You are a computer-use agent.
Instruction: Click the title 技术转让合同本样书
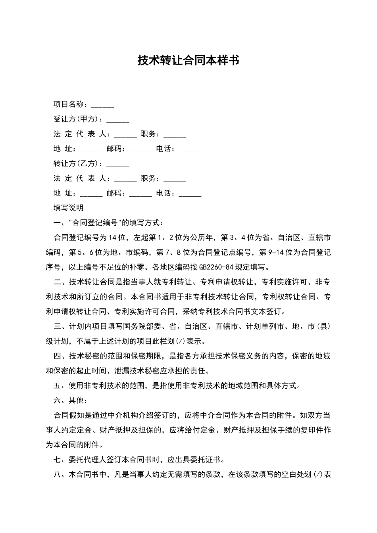coord(188,60)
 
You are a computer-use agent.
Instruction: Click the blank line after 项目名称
coord(102,105)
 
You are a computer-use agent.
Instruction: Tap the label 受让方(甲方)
coord(78,119)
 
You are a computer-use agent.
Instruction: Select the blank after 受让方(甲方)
coord(118,120)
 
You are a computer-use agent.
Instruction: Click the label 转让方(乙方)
coord(78,164)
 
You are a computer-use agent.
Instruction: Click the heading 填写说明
coord(68,208)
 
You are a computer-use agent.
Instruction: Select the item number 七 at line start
coord(57,460)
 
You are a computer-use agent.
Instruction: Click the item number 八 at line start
coord(57,475)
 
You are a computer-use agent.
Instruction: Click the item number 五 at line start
coord(57,385)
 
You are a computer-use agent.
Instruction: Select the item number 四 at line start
coord(57,356)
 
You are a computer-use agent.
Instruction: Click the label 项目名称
coord(68,105)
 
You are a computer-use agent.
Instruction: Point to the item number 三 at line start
coord(57,326)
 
